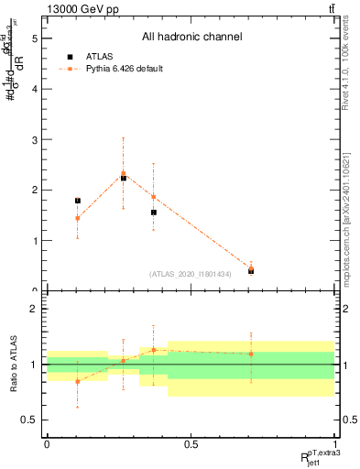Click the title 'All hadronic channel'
coord(191,37)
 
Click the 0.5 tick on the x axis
coord(191,443)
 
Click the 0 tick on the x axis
coord(47,443)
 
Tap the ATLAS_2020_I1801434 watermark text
coord(191,274)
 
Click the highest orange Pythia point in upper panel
coord(124,173)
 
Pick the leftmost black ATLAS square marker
coord(78,201)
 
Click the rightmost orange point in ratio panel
coord(251,354)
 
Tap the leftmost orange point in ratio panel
coord(78,381)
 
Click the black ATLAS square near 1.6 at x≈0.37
coord(154,213)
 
